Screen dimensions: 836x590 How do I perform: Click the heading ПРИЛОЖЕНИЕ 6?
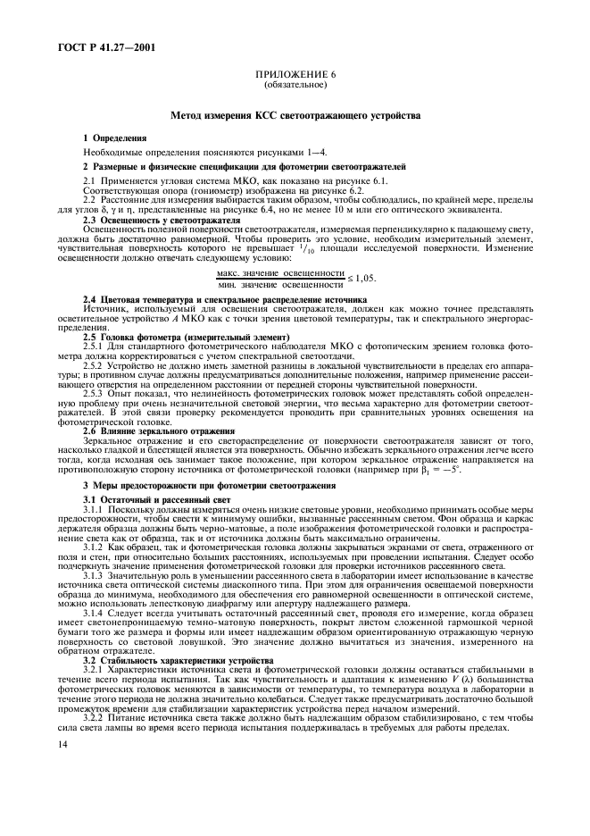click(295, 75)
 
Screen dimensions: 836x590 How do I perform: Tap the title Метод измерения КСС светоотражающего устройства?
click(294, 115)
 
